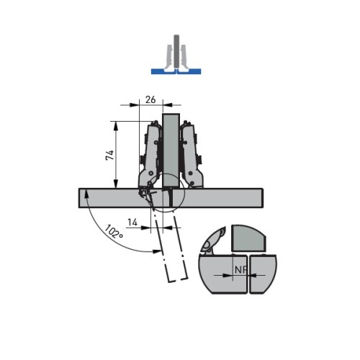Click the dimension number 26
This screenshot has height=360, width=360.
click(150, 99)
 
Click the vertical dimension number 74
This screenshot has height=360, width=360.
click(109, 156)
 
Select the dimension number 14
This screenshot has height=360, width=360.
click(132, 222)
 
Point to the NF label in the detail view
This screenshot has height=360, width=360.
click(240, 270)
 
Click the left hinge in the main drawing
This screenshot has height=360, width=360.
click(149, 156)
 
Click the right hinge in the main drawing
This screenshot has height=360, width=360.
click(192, 155)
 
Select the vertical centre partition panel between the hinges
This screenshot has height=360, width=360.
click(171, 150)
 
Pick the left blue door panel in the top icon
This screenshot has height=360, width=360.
click(163, 71)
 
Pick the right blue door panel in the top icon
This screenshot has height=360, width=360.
click(189, 71)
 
